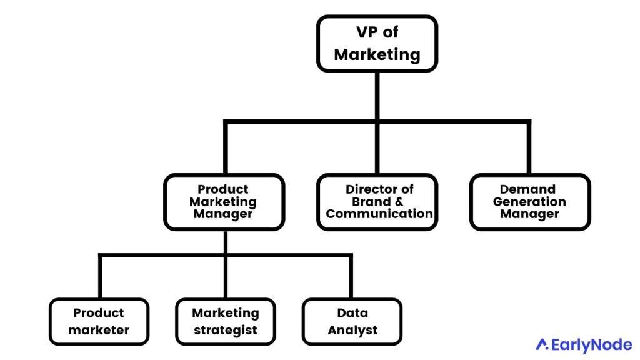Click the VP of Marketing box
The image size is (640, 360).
[x=377, y=44]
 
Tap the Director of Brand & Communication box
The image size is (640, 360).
[x=377, y=202]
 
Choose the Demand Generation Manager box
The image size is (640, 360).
[x=529, y=202]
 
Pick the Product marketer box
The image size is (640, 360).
[x=99, y=322]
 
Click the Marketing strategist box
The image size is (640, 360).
[x=225, y=322]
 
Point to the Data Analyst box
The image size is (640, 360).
[x=352, y=322]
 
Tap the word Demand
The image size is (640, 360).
[x=529, y=189]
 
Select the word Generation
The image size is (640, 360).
[x=529, y=202]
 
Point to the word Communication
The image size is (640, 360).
[x=379, y=214]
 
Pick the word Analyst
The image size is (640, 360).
[x=352, y=331]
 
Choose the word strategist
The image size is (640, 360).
[x=225, y=331]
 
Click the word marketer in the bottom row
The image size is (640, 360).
[x=99, y=331]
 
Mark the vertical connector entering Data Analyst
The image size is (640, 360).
[x=351, y=277]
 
